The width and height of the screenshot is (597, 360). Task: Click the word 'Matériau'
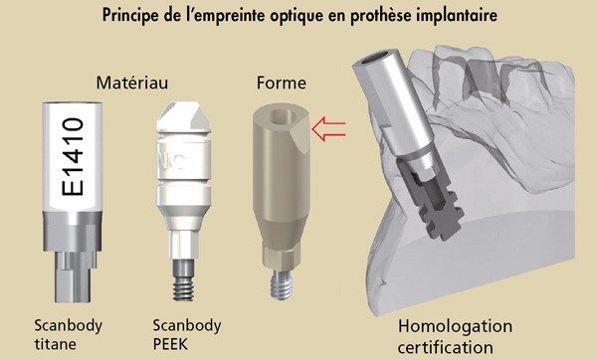click(x=131, y=83)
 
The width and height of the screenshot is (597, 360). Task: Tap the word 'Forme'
click(x=282, y=83)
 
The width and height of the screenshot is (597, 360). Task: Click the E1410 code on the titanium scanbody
click(x=73, y=156)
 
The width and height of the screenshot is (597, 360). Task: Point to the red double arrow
click(x=328, y=129)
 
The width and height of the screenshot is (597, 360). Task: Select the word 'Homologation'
click(x=455, y=327)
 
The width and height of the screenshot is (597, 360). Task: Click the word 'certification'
click(x=446, y=347)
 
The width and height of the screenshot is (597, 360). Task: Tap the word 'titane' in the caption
click(x=55, y=344)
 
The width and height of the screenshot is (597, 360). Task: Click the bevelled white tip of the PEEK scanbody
click(x=183, y=116)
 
